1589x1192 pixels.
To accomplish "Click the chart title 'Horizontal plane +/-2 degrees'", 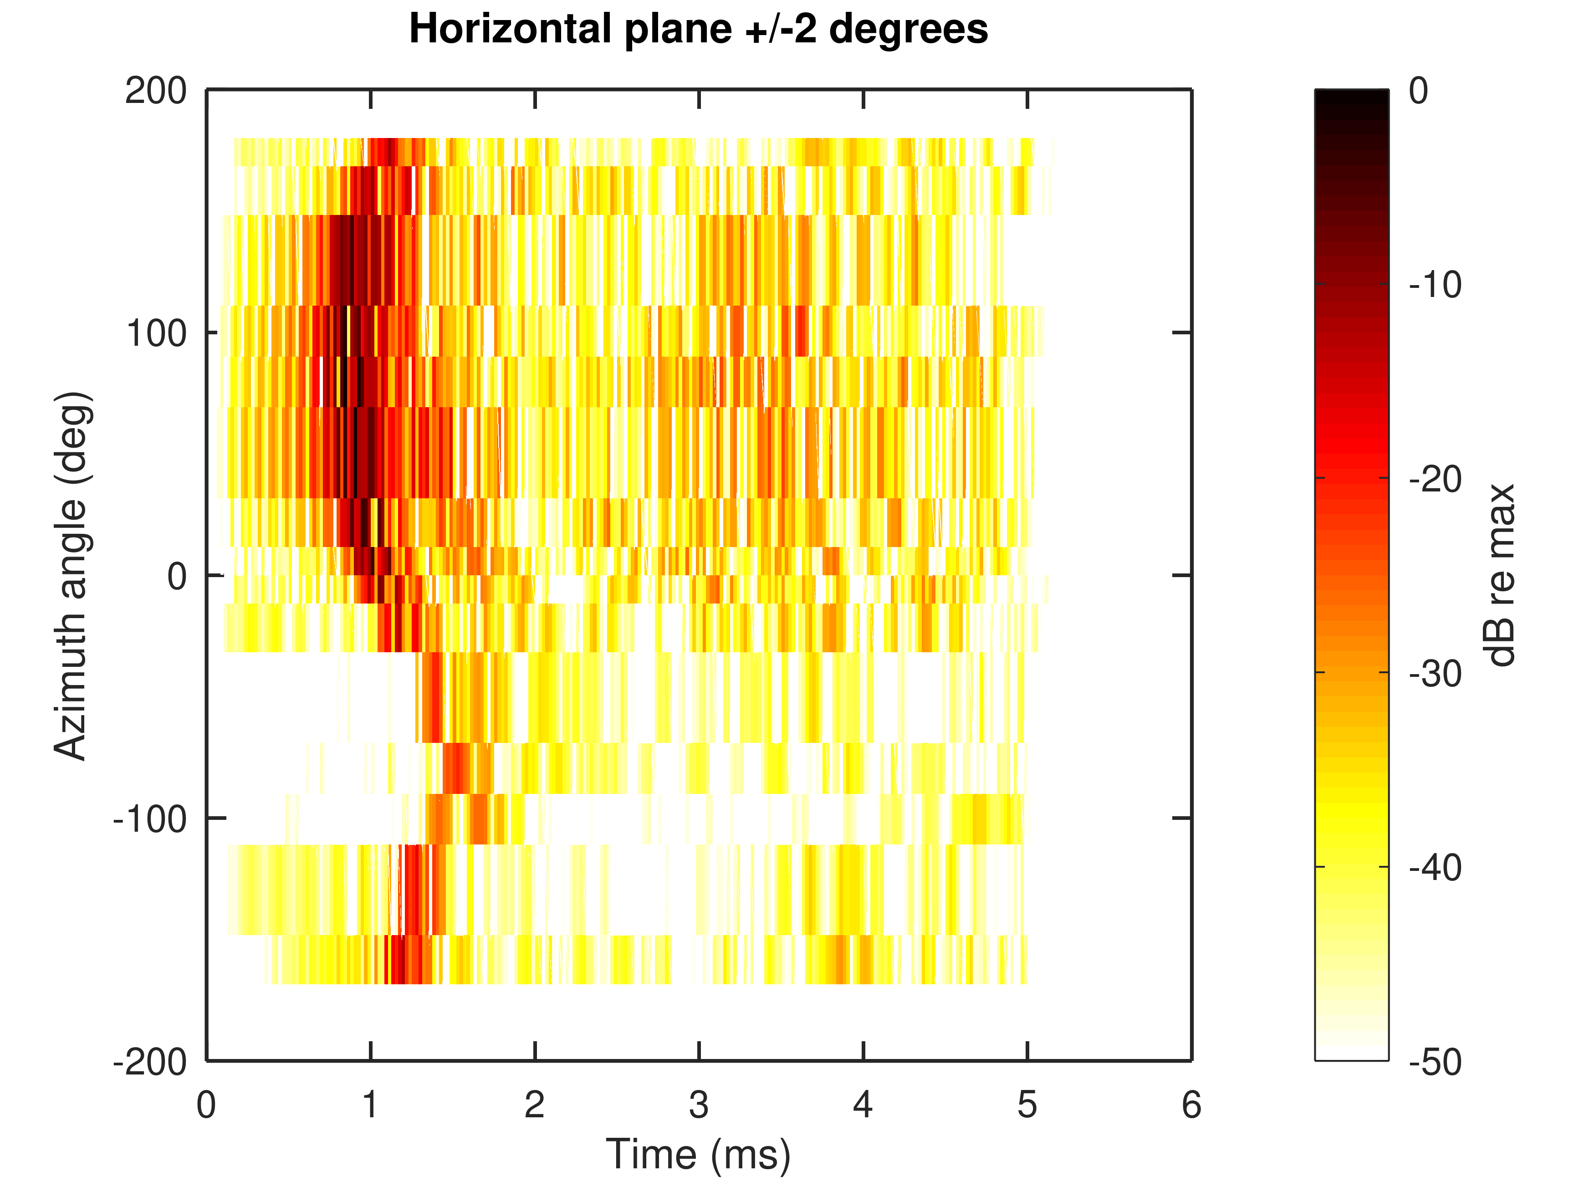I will [698, 30].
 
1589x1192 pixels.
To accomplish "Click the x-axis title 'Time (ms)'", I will [698, 1155].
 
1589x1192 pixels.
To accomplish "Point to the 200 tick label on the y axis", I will [156, 91].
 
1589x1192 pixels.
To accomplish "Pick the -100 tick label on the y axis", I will [150, 819].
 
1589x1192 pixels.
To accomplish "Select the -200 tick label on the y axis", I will [150, 1062].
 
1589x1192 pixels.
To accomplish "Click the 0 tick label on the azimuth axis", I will [177, 576].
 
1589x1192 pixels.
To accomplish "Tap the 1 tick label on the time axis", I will [370, 1105].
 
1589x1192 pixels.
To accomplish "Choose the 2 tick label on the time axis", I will [535, 1105].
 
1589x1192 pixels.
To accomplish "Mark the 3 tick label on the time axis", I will [698, 1105].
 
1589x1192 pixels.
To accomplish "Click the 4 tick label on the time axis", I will [863, 1105].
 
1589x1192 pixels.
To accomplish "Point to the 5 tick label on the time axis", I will [1027, 1105].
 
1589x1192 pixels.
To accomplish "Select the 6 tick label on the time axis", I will [1191, 1105].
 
